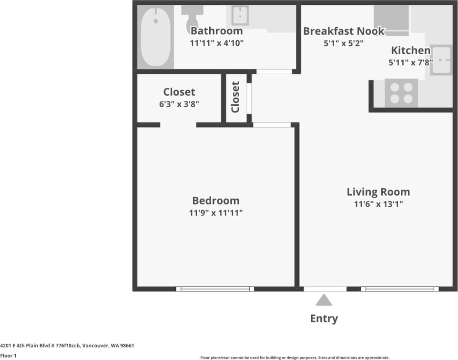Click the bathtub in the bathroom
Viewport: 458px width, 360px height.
[x=155, y=37]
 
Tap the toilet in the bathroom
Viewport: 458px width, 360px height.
[x=192, y=19]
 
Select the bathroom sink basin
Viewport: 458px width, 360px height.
[x=240, y=15]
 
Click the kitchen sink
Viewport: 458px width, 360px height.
[x=441, y=60]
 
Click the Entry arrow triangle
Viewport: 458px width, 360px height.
[x=324, y=300]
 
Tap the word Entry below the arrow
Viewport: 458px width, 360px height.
[x=324, y=319]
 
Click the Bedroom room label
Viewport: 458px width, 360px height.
[x=215, y=200]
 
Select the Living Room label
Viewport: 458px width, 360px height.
[x=378, y=192]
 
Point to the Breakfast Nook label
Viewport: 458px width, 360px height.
[x=344, y=31]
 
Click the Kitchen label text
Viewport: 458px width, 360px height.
[x=410, y=50]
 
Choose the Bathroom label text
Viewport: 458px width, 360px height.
[x=216, y=31]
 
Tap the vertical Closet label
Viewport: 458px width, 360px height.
[x=235, y=97]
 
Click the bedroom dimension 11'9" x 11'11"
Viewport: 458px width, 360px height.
[x=215, y=213]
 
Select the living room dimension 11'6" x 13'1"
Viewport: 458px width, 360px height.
[x=378, y=204]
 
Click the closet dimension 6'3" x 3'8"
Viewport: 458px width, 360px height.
[x=179, y=104]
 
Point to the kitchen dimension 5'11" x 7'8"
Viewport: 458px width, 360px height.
[x=410, y=62]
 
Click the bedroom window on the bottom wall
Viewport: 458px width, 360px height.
[x=215, y=289]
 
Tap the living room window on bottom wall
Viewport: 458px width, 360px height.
[x=399, y=289]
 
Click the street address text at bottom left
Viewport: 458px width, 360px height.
[x=70, y=346]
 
